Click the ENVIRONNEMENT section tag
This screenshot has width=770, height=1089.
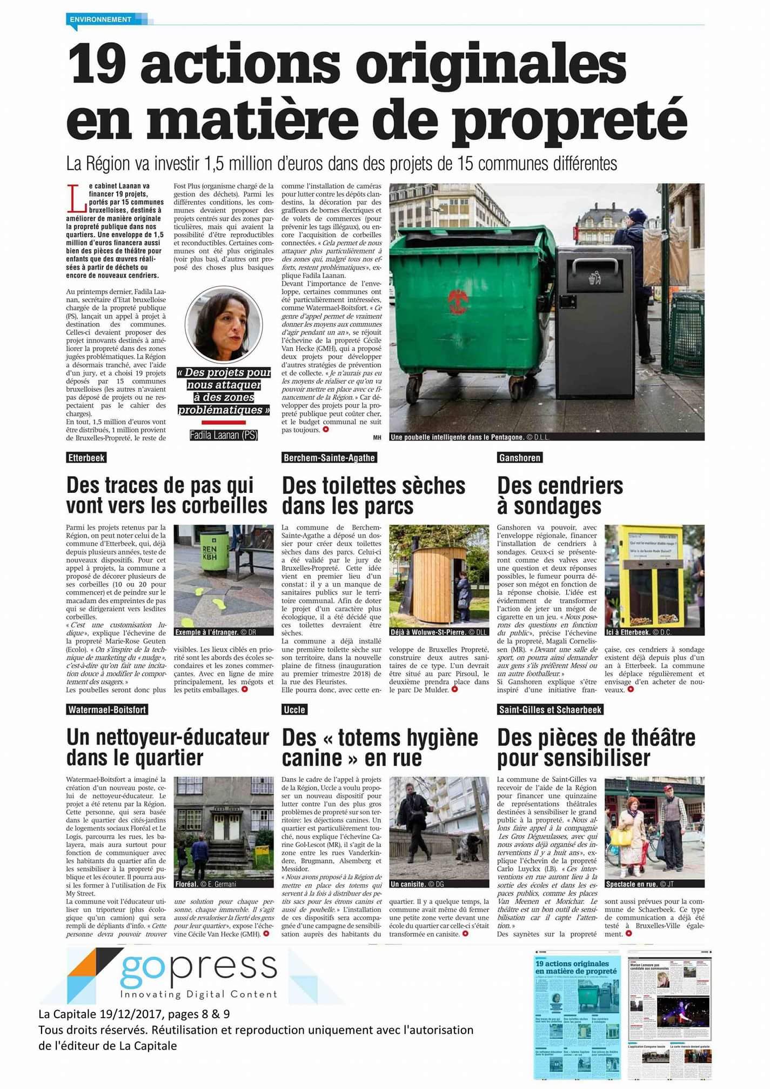pyautogui.click(x=101, y=19)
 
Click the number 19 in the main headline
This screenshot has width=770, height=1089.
pyautogui.click(x=97, y=65)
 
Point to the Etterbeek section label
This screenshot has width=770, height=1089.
pyautogui.click(x=86, y=458)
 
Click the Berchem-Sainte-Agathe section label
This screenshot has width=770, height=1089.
pyautogui.click(x=329, y=458)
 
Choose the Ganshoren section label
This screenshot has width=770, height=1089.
pyautogui.click(x=519, y=458)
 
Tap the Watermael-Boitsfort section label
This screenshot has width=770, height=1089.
pyautogui.click(x=107, y=710)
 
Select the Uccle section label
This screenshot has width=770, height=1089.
pyautogui.click(x=294, y=710)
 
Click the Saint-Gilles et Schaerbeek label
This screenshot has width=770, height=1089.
pyautogui.click(x=550, y=710)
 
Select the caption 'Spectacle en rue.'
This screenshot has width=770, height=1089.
pyautogui.click(x=632, y=884)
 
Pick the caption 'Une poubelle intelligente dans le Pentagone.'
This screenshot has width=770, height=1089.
pyautogui.click(x=457, y=437)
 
